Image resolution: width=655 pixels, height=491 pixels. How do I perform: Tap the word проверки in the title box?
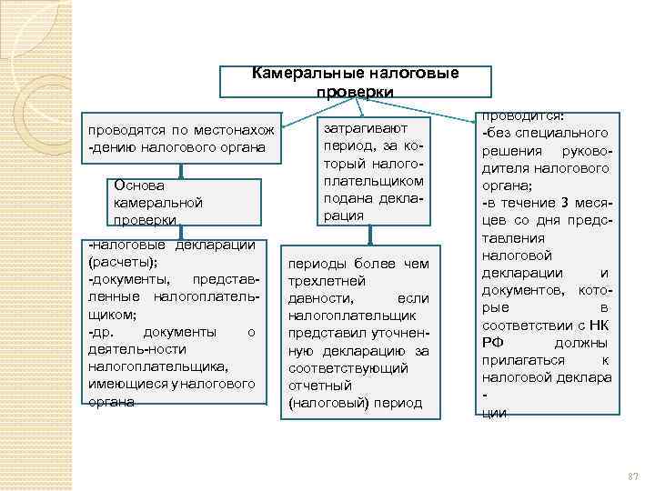click(x=355, y=93)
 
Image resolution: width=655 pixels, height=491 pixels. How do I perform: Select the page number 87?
click(x=634, y=476)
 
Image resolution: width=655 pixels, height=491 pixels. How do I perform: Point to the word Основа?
click(x=136, y=185)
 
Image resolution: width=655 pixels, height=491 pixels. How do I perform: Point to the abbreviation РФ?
click(x=492, y=343)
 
